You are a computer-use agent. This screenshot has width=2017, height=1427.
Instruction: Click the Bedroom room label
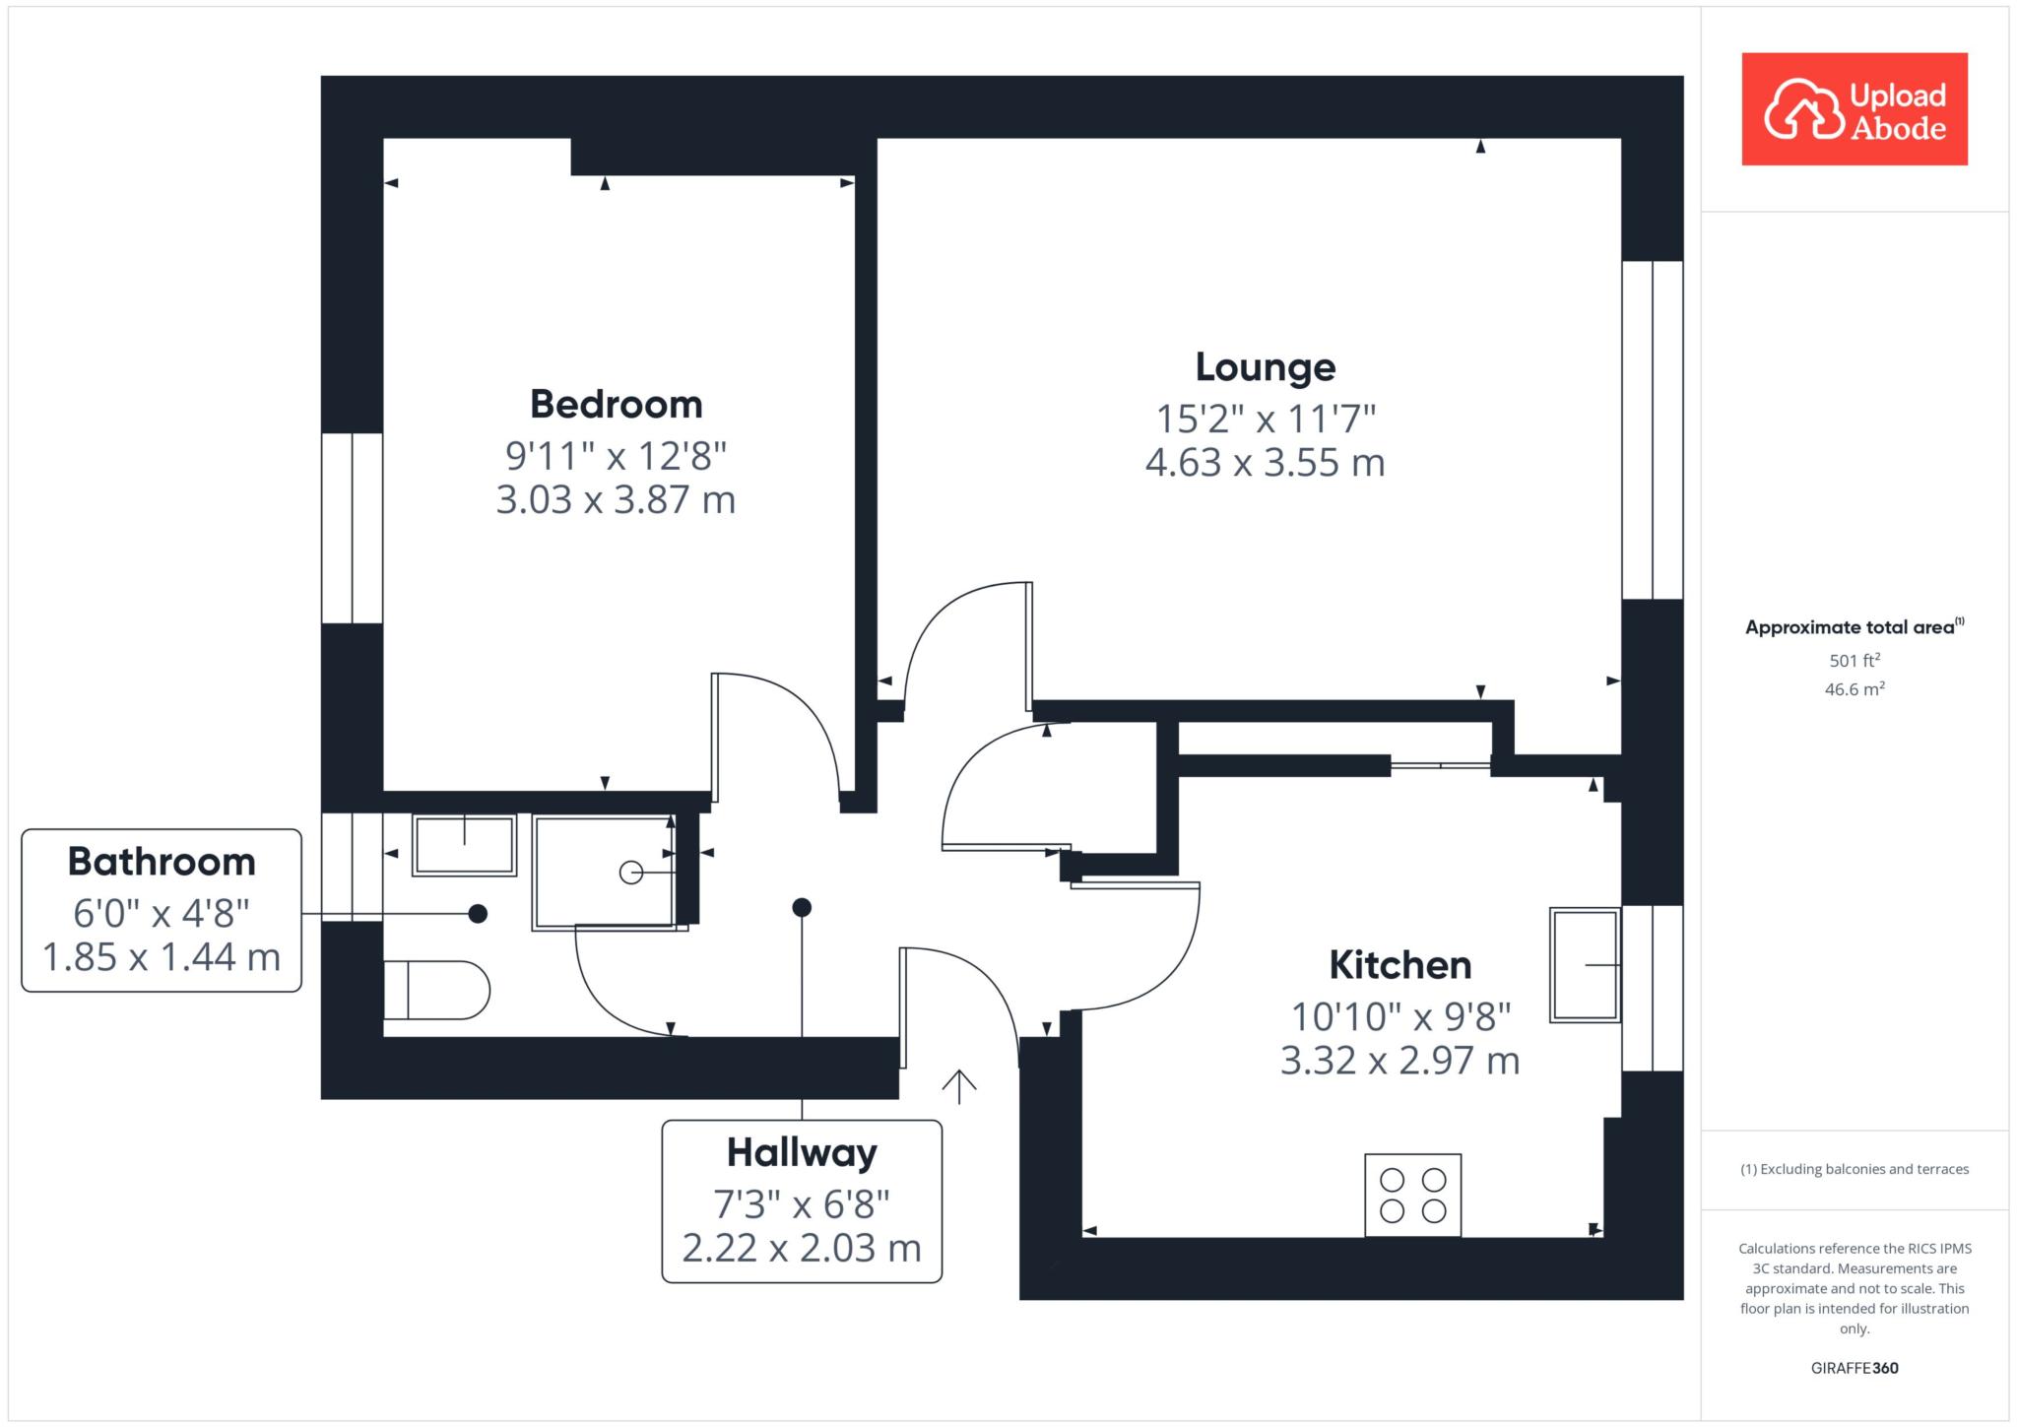point(617,404)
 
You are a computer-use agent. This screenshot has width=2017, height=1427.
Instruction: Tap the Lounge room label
point(1266,366)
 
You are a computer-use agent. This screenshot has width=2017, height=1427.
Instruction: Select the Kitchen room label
point(1399,965)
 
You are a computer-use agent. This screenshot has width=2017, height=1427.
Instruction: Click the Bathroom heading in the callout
point(162,862)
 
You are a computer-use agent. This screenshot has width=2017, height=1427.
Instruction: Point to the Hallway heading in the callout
point(802,1153)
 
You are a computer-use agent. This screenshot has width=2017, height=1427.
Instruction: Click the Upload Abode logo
point(1854,109)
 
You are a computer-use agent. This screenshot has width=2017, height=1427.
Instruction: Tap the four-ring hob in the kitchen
point(1412,1195)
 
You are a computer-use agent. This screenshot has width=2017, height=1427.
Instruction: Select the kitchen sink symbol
point(1585,965)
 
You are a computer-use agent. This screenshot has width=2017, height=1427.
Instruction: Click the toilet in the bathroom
point(435,990)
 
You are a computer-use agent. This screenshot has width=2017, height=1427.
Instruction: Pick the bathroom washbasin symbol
point(464,845)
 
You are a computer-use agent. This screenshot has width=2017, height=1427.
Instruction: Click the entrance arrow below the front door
point(959,1086)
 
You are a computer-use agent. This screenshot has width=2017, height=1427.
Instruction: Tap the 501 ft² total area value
point(1854,660)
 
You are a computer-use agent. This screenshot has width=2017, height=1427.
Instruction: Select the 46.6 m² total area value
point(1854,688)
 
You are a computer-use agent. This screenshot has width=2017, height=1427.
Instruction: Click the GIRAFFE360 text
point(1854,1368)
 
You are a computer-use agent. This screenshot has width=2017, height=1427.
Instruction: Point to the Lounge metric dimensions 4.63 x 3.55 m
point(1266,462)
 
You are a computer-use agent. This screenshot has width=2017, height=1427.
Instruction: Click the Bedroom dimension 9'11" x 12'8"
point(617,455)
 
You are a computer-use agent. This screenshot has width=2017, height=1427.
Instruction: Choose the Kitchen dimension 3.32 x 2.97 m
point(1399,1061)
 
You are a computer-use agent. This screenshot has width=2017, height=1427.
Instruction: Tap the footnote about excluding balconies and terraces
point(1854,1169)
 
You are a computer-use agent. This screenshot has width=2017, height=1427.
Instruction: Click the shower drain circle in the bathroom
point(630,873)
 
